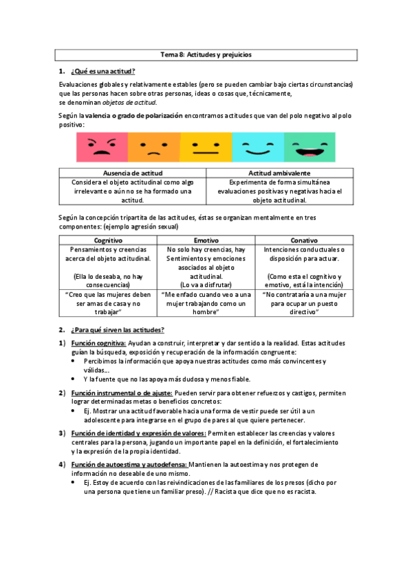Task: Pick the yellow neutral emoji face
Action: (x=204, y=147)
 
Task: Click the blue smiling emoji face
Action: (x=256, y=147)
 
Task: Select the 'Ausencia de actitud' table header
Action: (x=132, y=173)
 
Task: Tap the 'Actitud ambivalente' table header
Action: (x=279, y=173)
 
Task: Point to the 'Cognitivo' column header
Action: (x=108, y=240)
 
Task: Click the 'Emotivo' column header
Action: (x=206, y=240)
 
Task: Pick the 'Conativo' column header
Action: (x=303, y=240)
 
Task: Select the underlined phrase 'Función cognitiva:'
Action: (x=98, y=342)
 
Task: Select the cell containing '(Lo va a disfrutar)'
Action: (x=206, y=284)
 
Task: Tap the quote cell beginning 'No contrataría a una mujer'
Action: (x=303, y=302)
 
